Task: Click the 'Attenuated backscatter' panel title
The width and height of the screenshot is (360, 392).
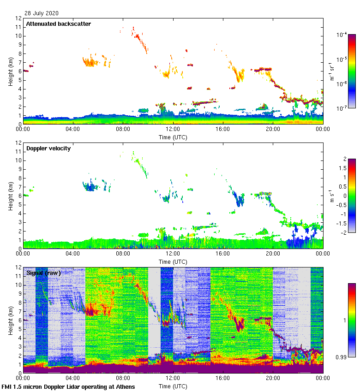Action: pos(58,24)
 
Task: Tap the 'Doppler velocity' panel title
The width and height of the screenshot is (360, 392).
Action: pos(48,148)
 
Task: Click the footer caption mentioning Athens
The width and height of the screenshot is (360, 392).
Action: pos(68,386)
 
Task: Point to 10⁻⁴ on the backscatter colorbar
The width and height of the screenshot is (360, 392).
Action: pos(342,35)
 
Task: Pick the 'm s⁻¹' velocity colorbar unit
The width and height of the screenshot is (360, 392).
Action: pos(331,196)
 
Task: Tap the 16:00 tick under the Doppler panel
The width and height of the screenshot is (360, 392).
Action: pos(223,254)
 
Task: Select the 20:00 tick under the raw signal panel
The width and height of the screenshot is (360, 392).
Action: pos(273,378)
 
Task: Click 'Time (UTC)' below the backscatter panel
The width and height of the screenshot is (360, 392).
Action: pos(173,137)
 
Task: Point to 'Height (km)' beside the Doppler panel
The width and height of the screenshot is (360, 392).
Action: pos(10,196)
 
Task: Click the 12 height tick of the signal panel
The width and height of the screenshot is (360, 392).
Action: pos(19,267)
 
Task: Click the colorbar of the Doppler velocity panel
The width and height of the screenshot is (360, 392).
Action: pos(352,196)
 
